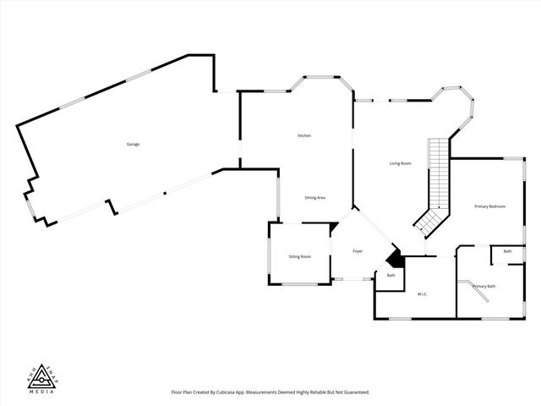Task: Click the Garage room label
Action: [x=133, y=145]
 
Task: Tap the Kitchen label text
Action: [x=304, y=136]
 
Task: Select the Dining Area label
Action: [x=315, y=198]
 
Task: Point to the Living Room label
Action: [x=400, y=163]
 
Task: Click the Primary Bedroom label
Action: [x=489, y=206]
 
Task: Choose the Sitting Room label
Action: [x=300, y=256]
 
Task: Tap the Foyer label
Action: [x=358, y=251]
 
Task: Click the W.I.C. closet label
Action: [x=422, y=294]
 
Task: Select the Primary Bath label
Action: [x=484, y=287]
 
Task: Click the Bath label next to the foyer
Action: [x=391, y=276]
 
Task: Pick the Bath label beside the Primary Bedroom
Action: [x=507, y=251]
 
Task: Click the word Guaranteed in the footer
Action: [x=353, y=392]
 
